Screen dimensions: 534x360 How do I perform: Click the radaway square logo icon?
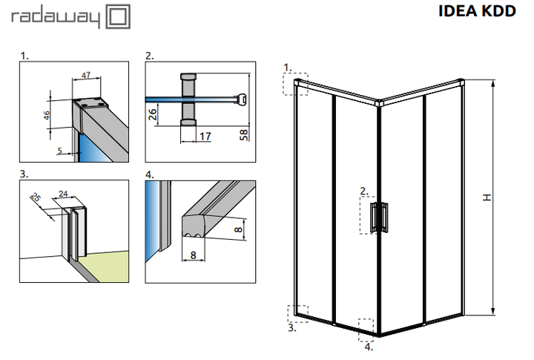pos(118,16)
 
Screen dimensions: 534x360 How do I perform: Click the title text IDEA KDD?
pos(477,11)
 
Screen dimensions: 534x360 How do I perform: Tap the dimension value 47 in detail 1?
pos(86,75)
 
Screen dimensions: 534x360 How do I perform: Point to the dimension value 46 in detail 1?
pos(47,115)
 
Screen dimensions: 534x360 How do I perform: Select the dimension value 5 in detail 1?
pos(59,151)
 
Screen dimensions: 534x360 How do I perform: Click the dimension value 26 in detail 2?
pos(153,114)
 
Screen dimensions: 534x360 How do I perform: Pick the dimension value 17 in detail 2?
pos(205,137)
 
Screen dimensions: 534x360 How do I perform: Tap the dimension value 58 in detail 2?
pos(244,134)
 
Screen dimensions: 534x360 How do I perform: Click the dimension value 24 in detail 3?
pos(63,194)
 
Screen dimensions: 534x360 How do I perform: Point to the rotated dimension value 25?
pos(36,197)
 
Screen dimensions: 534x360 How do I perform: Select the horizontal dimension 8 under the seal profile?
pos(193,255)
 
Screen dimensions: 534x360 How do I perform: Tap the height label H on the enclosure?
pos(487,197)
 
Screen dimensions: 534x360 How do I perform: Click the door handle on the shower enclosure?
pos(379,217)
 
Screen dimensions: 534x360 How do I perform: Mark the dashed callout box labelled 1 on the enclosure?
pos(296,84)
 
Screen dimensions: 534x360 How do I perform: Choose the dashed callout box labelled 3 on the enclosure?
pos(297,314)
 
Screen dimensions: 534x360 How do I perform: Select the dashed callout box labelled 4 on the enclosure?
pos(366,330)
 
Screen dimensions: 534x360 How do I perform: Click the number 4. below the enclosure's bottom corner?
pos(369,347)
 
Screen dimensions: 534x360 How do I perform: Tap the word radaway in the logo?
pos(56,18)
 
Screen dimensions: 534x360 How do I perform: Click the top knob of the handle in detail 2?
pos(188,76)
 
